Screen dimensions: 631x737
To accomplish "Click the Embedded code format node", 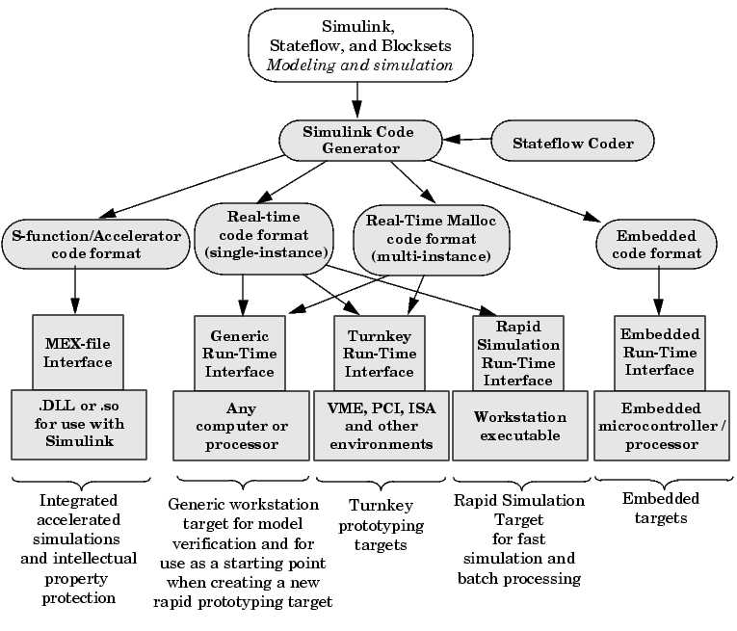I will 658,244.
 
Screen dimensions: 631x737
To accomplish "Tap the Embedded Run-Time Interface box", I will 658,353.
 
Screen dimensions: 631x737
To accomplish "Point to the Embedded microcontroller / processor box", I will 658,427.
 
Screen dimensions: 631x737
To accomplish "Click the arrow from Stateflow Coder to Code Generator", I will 473,141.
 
